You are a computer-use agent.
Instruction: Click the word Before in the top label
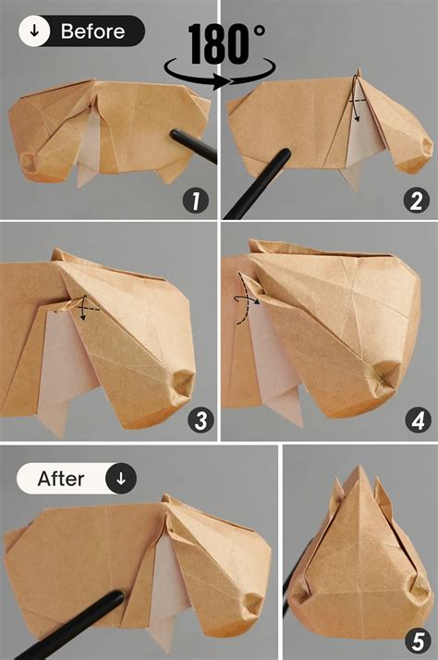coord(92,31)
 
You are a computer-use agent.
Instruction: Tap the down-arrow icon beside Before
coord(35,31)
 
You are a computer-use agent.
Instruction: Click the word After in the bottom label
coord(61,479)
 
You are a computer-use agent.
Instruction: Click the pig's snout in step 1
coord(29,163)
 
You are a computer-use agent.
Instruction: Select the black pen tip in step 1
coord(174,136)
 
